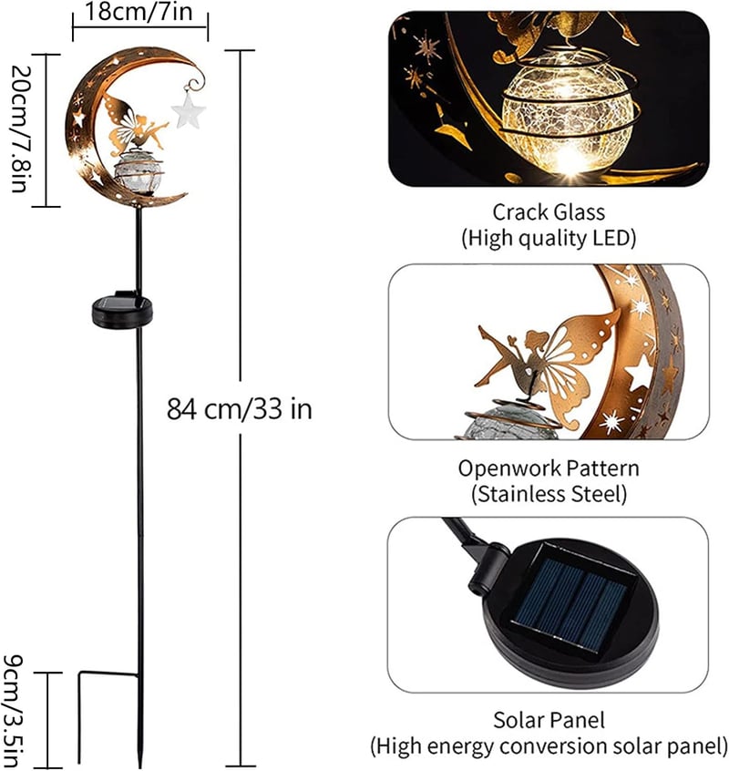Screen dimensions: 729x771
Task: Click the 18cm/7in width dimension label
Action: point(139,12)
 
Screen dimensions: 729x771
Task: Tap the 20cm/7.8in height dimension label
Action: point(21,128)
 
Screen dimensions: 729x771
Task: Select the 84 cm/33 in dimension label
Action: point(240,409)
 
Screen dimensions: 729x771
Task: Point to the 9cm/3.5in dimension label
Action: point(13,711)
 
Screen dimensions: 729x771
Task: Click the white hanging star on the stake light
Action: point(189,111)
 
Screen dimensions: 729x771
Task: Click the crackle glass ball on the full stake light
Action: point(138,172)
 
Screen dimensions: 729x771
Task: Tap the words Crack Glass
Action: point(549,212)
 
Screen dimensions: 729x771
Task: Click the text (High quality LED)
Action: point(549,239)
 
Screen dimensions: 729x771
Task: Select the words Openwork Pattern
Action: point(549,468)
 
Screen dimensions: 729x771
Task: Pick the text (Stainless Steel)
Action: point(549,494)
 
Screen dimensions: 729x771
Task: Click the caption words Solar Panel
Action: point(549,720)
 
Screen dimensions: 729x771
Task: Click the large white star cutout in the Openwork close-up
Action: point(639,373)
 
